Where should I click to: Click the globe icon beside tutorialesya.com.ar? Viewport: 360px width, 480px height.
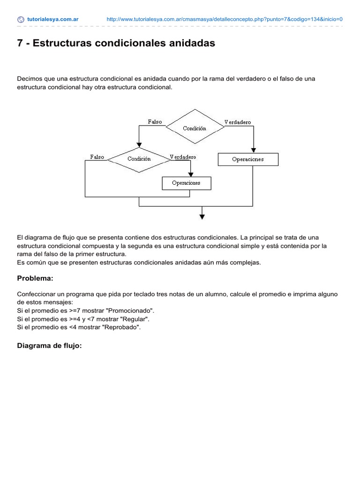click(x=21, y=20)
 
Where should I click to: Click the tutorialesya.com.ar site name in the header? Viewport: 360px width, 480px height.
click(x=52, y=20)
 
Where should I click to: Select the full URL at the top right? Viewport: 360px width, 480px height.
click(x=225, y=20)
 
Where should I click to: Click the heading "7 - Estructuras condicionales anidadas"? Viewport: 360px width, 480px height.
click(x=116, y=43)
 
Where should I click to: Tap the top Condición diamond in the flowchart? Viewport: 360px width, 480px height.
click(x=195, y=128)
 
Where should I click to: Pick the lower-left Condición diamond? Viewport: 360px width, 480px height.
click(x=139, y=159)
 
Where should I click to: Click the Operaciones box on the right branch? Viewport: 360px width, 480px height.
click(x=248, y=159)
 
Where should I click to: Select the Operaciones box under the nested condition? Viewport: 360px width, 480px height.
click(x=186, y=183)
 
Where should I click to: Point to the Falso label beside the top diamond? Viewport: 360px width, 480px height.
click(x=155, y=122)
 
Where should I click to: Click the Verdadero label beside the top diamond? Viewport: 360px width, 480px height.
click(x=238, y=122)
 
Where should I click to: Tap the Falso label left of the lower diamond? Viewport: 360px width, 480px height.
click(x=97, y=157)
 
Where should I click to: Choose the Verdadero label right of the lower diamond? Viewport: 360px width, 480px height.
click(x=183, y=157)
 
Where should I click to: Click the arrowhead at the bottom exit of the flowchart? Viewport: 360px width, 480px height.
click(x=202, y=216)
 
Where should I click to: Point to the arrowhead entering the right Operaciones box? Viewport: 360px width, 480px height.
click(x=253, y=150)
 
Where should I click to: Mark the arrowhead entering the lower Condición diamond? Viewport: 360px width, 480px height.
click(x=139, y=145)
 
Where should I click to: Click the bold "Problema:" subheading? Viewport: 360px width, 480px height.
click(x=35, y=278)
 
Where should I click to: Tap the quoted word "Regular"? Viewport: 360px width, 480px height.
click(x=135, y=319)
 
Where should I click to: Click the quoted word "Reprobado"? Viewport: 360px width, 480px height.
click(x=123, y=327)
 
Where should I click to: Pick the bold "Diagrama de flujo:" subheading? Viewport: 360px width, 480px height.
click(x=49, y=346)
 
